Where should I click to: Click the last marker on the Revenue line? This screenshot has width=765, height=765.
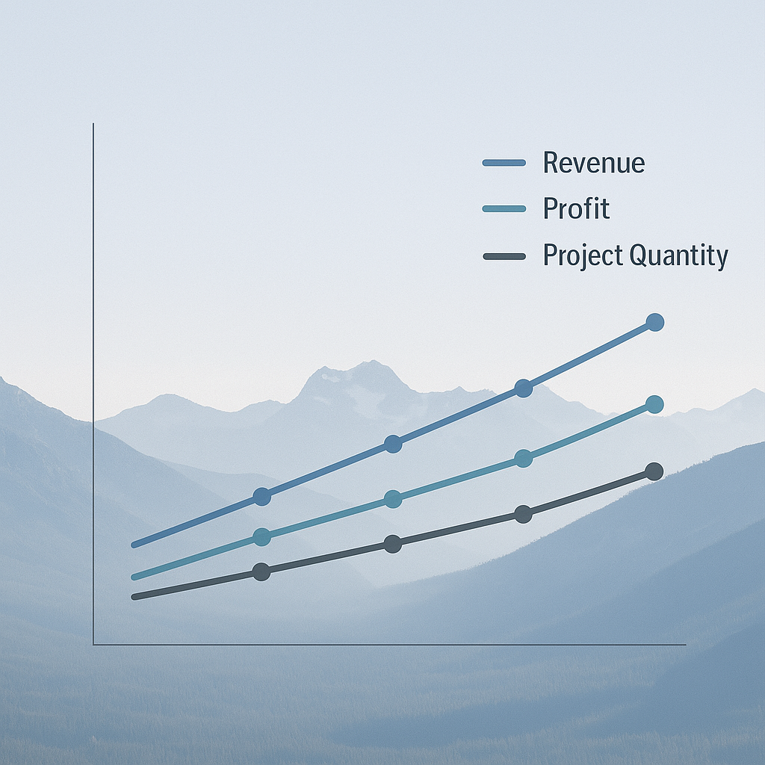654,322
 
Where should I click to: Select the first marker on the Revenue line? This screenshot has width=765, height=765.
261,496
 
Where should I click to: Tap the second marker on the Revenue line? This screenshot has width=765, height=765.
393,444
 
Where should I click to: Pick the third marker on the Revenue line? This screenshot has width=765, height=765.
524,388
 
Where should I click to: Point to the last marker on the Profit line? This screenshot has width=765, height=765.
654,404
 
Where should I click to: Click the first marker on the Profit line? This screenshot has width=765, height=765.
261,536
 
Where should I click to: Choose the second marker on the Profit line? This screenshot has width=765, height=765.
393,499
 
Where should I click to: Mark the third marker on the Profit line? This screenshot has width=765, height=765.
524,458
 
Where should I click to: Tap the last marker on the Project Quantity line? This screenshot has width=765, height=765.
654,471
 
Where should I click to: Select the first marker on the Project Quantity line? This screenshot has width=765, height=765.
261,572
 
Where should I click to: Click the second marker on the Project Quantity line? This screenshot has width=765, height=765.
392,544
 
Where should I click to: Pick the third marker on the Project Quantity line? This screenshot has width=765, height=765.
523,514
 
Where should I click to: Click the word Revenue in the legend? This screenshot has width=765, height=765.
594,163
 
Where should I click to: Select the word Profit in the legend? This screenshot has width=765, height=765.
576,209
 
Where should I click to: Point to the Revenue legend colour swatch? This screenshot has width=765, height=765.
504,163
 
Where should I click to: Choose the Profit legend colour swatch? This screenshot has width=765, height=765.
504,209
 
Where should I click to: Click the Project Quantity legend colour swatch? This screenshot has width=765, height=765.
504,256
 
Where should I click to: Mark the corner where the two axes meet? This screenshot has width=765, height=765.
93,643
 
